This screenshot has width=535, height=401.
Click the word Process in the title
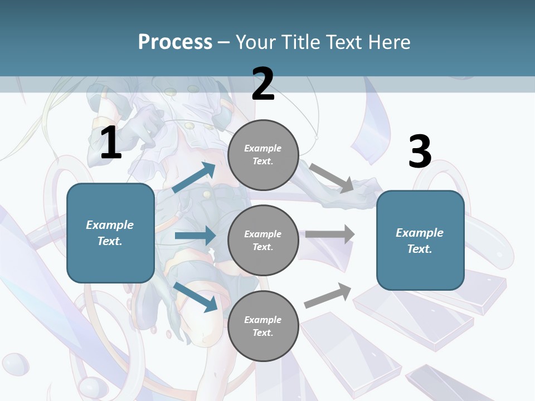tap(175, 42)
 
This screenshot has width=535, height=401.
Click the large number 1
tap(111, 144)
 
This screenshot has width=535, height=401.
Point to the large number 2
tap(263, 84)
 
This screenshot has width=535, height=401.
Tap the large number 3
tap(420, 151)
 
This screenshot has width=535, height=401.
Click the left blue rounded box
tap(110, 233)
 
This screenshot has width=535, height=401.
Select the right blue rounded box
tap(420, 240)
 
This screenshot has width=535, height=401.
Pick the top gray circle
tap(263, 155)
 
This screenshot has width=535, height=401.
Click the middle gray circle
tap(263, 240)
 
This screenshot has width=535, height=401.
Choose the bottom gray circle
tap(263, 326)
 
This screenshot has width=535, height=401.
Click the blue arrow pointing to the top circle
tap(194, 178)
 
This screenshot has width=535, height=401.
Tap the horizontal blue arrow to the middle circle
tap(195, 236)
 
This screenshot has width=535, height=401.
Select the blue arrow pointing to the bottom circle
tap(195, 296)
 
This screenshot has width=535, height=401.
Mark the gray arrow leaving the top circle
tap(332, 178)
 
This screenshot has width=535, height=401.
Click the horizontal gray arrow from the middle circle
tap(329, 234)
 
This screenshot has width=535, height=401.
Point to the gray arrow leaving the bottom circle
tap(328, 296)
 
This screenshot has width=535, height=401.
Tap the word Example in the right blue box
tap(420, 233)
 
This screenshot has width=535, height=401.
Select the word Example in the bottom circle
tap(263, 320)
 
